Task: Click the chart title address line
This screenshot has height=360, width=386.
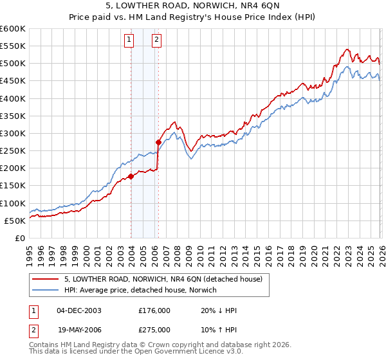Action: click(193, 6)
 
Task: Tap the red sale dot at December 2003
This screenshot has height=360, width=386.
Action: click(131, 176)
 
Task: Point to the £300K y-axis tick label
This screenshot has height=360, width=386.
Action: click(12, 133)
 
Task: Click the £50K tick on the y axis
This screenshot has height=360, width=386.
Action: click(14, 221)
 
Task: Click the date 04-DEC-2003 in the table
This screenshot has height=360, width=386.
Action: click(79, 310)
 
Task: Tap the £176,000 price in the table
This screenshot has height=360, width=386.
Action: click(154, 310)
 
